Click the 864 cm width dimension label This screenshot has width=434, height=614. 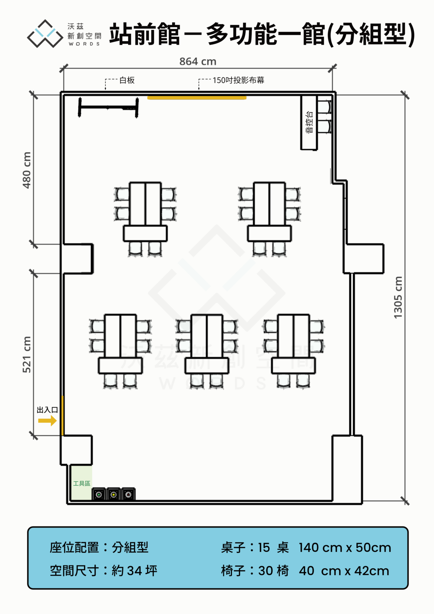tap(198, 62)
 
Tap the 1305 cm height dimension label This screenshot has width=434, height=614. tap(398, 298)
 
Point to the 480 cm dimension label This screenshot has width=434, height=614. tap(27, 170)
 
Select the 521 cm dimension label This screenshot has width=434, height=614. tap(27, 354)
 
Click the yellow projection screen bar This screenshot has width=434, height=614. tap(197, 98)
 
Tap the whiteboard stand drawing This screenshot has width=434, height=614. tap(108, 108)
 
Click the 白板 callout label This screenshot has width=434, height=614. tap(127, 80)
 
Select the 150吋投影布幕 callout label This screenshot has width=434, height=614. tap(238, 80)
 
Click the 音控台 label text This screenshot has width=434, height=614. tap(309, 122)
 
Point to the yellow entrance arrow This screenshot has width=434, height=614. tap(47, 421)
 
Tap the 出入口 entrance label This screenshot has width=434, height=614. tap(47, 410)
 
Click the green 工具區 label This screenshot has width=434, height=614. tap(82, 483)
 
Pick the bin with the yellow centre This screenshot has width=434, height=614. tap(114, 495)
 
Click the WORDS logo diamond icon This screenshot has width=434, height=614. tap(45, 34)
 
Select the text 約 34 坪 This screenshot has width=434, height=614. tap(134, 571)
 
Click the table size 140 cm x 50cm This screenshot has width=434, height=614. tap(345, 548)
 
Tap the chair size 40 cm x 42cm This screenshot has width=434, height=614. tap(344, 571)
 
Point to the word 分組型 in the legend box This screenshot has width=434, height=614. tap(130, 547)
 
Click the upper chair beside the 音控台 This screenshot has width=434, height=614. tap(324, 107)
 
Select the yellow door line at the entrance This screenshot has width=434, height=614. tap(62, 416)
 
